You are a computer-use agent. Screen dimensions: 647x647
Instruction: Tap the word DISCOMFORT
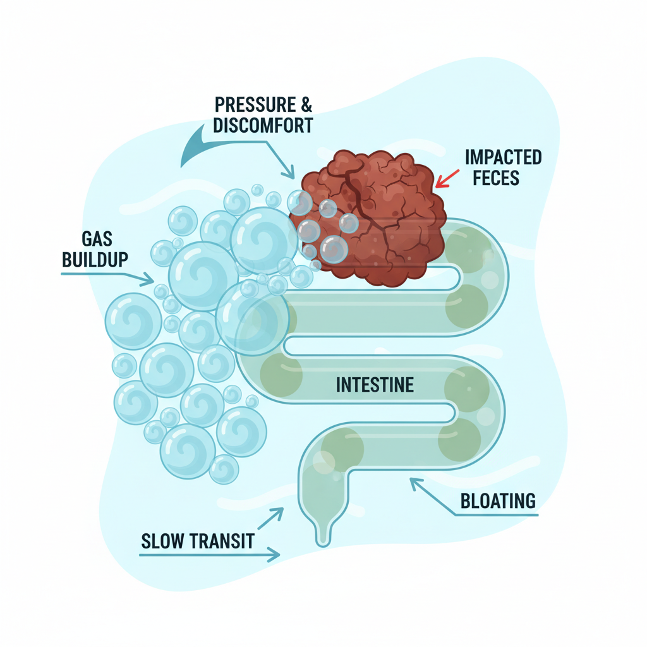[x=263, y=125]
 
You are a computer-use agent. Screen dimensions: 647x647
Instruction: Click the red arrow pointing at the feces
[x=447, y=179]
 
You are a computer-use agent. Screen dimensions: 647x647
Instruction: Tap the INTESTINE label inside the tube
[x=375, y=384]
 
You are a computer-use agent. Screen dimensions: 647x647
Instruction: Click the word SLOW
[x=162, y=541]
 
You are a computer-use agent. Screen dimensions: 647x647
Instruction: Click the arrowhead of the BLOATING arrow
[x=414, y=481]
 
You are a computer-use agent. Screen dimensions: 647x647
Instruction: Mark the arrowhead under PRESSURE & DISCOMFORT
[x=291, y=172]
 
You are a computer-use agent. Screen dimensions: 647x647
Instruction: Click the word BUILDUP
[x=95, y=259]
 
